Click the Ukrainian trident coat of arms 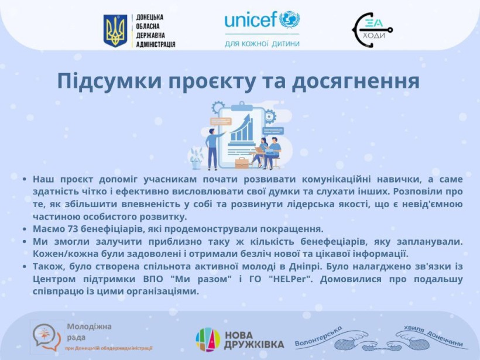click(x=115, y=30)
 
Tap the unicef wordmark click(x=251, y=20)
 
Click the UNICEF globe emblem click(x=289, y=19)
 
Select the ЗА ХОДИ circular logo click(x=372, y=30)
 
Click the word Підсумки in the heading click(x=109, y=81)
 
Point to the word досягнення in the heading click(x=355, y=82)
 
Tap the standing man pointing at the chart click(x=213, y=149)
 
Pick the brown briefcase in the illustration click(x=242, y=163)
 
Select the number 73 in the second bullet click(x=72, y=229)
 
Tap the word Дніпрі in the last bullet click(x=305, y=266)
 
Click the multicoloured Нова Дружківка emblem click(x=208, y=340)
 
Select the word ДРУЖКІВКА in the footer click(x=254, y=345)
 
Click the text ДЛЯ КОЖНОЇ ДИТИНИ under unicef click(x=262, y=44)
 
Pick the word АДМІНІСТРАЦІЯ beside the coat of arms click(x=156, y=44)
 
